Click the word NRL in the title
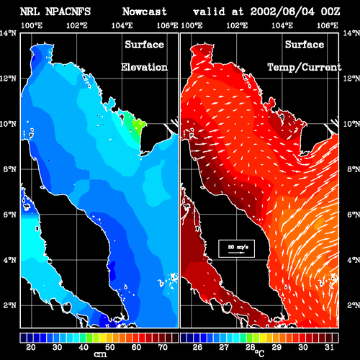pyautogui.click(x=30, y=12)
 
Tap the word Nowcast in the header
pyautogui.click(x=145, y=12)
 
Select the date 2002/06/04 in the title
pyautogui.click(x=282, y=12)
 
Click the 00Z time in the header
pyautogui.click(x=330, y=12)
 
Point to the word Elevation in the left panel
pyautogui.click(x=144, y=67)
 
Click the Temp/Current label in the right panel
pyautogui.click(x=305, y=68)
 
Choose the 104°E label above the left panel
pyautogui.click(x=122, y=25)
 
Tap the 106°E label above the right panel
pyautogui.click(x=328, y=25)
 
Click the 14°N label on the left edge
pyautogui.click(x=8, y=33)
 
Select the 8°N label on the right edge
pyautogui.click(x=354, y=169)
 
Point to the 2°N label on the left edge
pyautogui.click(x=9, y=305)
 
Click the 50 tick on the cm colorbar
pyautogui.click(x=110, y=347)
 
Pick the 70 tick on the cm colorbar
pyautogui.click(x=163, y=347)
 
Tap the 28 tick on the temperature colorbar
pyautogui.click(x=250, y=347)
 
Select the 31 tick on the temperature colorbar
pyautogui.click(x=329, y=347)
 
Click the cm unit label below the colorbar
pyautogui.click(x=100, y=354)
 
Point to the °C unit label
pyautogui.click(x=259, y=353)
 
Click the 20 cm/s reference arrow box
pyautogui.click(x=236, y=248)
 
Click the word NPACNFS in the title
pyautogui.click(x=68, y=12)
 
